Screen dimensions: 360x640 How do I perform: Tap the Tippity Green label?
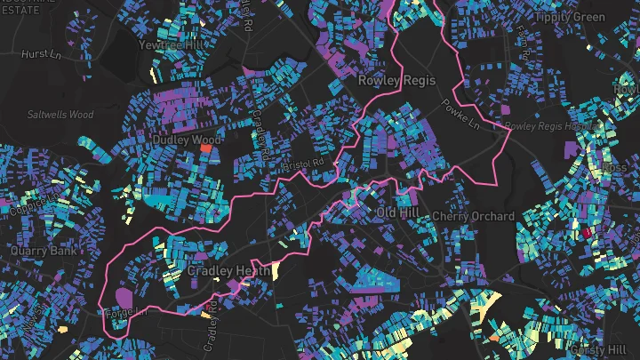(569, 17)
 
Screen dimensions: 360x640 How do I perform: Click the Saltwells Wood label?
(60, 115)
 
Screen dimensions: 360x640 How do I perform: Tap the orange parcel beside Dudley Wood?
(207, 150)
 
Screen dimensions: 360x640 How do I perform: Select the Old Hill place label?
(396, 214)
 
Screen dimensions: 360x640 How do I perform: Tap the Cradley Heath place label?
(221, 270)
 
